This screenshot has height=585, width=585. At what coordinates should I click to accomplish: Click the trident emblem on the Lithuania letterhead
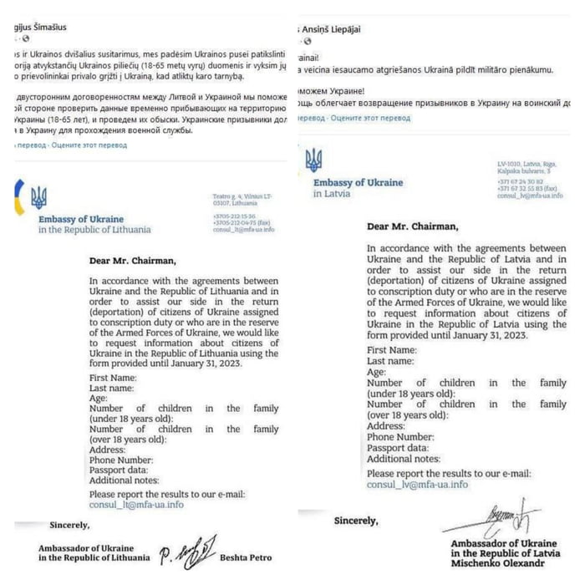coord(38,198)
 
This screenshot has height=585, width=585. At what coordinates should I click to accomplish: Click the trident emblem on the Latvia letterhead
coord(313,160)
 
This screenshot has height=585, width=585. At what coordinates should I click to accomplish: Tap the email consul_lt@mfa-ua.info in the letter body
coord(135,505)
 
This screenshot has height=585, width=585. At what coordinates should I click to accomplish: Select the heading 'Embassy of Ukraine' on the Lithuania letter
coord(80,219)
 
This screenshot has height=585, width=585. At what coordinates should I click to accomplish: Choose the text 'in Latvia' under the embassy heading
coord(332,194)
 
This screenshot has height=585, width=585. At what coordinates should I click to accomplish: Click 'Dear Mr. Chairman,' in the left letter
coord(134,260)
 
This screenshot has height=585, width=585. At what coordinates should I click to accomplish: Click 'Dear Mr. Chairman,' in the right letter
coord(412,226)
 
